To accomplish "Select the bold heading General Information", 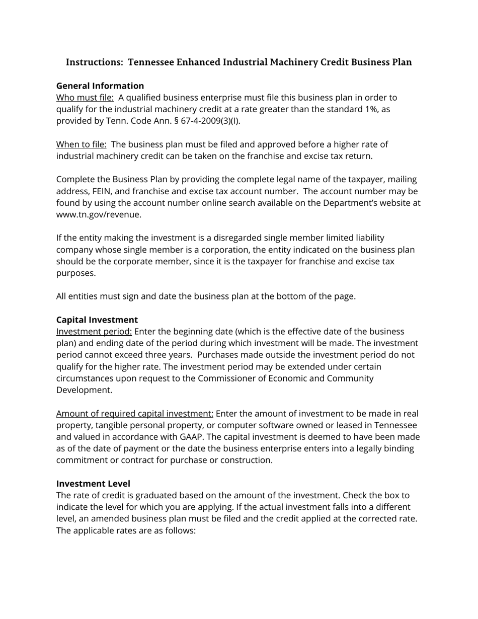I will click(100, 86).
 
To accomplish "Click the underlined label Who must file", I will click(85, 98).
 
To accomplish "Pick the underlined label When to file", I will click(81, 144).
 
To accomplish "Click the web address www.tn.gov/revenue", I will click(98, 214).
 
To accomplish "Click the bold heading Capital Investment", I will click(97, 320).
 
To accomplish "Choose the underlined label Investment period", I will click(94, 332).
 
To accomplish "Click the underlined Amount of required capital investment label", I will click(135, 414).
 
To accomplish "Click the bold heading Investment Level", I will click(93, 484).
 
